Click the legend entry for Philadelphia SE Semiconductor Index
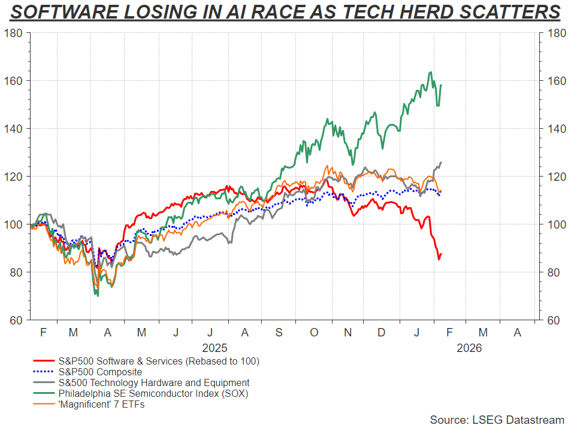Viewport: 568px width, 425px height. coord(153,393)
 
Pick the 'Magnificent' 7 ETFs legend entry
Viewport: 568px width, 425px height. coord(101,404)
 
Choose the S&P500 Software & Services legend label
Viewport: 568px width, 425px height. coord(158,361)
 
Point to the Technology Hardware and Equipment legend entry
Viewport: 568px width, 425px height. coord(153,382)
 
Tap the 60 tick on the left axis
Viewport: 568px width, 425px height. coord(16,320)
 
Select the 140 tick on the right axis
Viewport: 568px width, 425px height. coord(553,129)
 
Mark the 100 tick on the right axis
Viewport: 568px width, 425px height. coord(553,224)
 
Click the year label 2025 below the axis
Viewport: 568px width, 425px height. coord(214,347)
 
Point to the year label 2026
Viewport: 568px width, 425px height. coord(469,347)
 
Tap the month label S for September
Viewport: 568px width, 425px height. coord(279,331)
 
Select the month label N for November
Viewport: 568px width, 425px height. coord(348,331)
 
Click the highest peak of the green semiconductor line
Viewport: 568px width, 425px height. coord(431,72)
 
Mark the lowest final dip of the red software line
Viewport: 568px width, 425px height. coord(439,259)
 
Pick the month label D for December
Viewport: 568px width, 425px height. coord(381,331)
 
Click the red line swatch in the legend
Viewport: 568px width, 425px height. coord(44,361)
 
